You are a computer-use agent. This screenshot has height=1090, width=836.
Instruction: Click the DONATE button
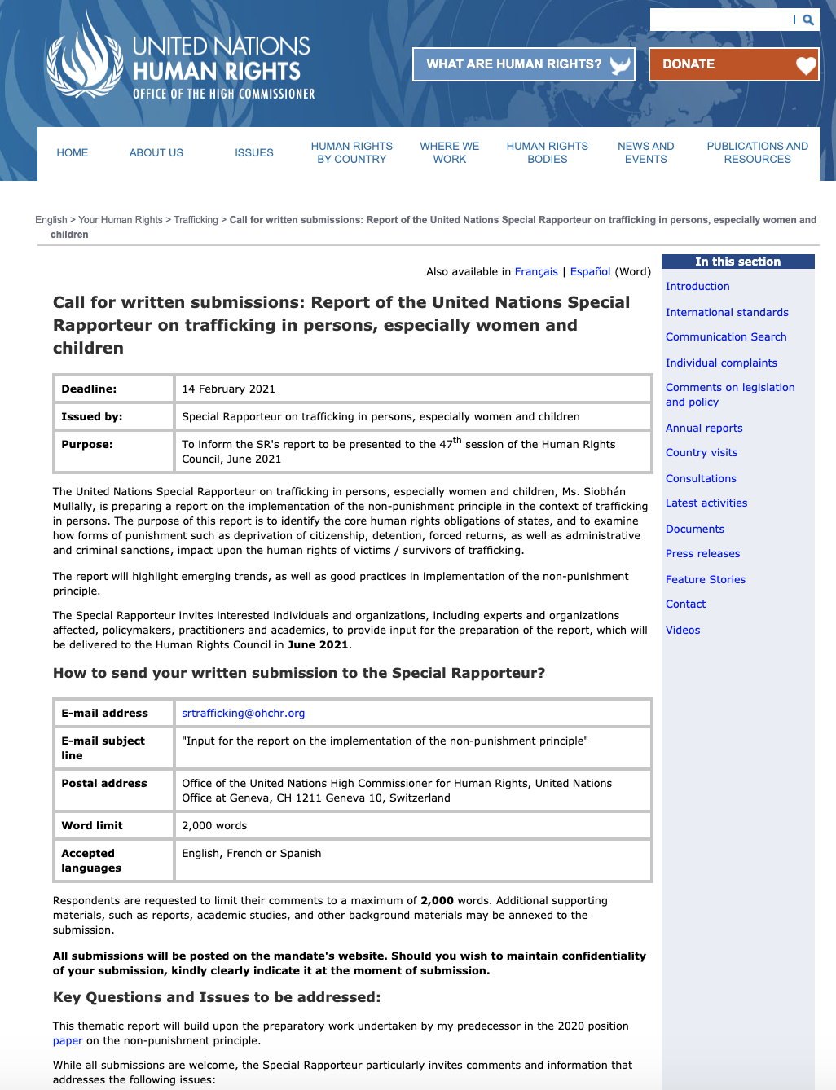[733, 64]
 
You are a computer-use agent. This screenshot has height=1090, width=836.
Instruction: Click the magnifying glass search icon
[808, 20]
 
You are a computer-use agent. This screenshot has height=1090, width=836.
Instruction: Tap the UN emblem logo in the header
[83, 59]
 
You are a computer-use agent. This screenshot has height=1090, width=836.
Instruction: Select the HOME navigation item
[73, 152]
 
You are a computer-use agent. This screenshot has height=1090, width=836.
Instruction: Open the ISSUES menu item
[254, 152]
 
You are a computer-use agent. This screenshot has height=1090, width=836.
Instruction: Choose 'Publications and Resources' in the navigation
[757, 152]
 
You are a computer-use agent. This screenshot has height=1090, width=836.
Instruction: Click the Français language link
[536, 271]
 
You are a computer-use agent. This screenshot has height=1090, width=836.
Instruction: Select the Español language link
[590, 271]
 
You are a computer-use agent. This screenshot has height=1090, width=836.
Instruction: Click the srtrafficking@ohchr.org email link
[243, 713]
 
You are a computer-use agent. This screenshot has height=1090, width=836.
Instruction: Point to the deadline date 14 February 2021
[228, 389]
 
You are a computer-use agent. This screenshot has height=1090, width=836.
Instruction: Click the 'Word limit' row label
[92, 825]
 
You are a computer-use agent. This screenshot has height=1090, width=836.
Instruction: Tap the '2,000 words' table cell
[214, 825]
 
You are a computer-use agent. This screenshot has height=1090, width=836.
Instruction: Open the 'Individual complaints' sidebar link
[721, 363]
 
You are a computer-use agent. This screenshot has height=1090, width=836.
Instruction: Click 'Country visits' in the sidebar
[702, 452]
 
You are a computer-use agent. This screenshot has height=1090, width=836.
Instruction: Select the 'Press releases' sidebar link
[702, 553]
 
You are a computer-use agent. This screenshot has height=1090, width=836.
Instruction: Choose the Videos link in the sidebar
[683, 630]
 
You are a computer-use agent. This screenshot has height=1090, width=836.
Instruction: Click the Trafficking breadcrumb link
[196, 220]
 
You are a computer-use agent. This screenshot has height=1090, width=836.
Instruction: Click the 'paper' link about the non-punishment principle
[68, 1040]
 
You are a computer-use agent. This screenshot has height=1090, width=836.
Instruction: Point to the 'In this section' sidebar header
[737, 262]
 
